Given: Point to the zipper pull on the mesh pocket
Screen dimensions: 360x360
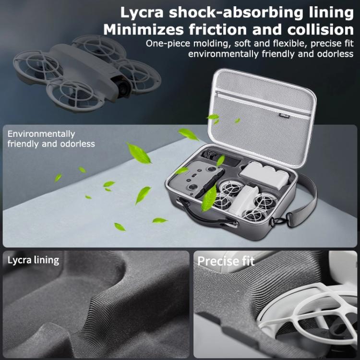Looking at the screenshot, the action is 217,94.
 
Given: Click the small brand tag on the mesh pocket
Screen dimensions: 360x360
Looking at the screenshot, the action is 284,116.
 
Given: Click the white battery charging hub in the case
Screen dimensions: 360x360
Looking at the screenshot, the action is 264,175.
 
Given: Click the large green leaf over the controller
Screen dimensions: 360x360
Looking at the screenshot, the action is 209,199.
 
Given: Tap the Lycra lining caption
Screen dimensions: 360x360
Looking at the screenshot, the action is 33,260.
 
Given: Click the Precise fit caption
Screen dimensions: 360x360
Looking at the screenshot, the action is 226,261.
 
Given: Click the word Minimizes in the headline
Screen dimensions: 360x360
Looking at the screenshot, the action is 144,30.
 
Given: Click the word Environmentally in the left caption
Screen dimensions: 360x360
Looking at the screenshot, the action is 41,134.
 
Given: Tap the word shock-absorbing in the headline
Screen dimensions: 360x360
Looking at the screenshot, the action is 236,12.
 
